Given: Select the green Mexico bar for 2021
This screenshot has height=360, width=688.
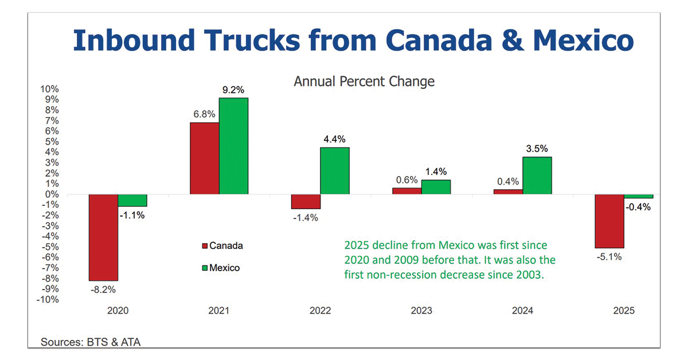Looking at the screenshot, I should coord(233,146).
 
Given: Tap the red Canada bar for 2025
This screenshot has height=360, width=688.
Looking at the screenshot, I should coord(609,221).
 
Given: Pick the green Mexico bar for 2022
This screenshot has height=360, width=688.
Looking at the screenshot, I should coord(334,171).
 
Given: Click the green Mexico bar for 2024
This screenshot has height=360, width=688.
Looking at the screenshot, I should coord(537,175).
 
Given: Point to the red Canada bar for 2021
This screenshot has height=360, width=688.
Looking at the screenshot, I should coord(204,158).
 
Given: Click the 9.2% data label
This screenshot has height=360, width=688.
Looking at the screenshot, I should coord(233,89).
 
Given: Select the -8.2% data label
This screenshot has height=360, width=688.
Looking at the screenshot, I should coord(103,289).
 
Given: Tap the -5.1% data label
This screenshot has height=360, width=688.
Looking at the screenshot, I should coord(609,256).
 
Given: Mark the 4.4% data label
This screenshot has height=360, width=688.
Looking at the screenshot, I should coord(334,139).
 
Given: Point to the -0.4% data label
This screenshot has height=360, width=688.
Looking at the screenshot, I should coord(639,208).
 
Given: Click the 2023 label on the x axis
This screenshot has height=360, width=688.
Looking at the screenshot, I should coord(421,311).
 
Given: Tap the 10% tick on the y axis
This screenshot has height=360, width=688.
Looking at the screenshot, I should coord(49,89).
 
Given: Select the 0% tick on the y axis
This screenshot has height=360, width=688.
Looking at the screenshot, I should coord(52,194).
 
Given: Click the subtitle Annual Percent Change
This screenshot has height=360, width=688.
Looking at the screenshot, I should coord(364,81).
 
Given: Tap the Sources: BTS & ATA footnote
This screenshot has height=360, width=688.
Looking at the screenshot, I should coord(90,342).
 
